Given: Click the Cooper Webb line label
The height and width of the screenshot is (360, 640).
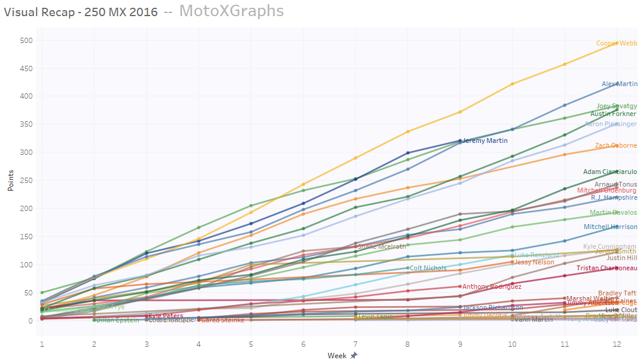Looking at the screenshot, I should (616, 44).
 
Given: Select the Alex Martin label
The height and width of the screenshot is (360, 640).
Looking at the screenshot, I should (619, 84).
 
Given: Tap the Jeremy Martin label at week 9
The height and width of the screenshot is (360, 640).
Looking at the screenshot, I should (485, 141).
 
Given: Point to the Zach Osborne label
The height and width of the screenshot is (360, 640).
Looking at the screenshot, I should (615, 146).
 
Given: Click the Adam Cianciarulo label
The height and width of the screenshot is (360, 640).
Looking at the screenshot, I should (609, 172).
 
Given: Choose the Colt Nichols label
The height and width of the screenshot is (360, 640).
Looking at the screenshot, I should (429, 269).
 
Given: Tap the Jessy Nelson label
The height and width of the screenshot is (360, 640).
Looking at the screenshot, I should (535, 262).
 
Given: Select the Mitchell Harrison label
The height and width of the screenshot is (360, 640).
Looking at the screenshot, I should (610, 227).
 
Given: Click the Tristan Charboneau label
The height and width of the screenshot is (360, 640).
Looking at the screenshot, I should (607, 269).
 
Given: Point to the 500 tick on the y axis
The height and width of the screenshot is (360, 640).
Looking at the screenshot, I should (25, 41).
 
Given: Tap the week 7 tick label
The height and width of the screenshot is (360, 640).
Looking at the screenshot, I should (355, 345).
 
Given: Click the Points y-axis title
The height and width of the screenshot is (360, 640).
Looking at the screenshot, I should (10, 181).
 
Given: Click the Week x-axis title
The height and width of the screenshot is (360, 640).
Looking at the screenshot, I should (337, 356).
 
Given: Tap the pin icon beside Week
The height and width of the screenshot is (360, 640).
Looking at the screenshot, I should (353, 356).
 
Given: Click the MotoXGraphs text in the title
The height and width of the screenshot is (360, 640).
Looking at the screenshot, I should (231, 11).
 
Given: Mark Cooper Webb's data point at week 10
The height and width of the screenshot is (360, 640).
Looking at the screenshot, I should (512, 84).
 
